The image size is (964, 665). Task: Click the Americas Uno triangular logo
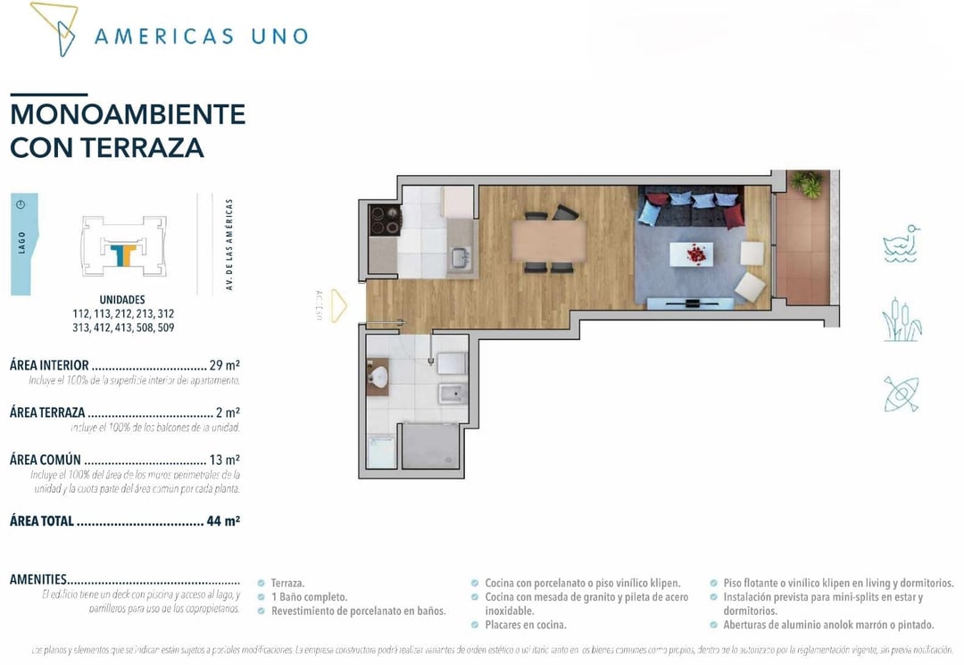pyautogui.click(x=54, y=27)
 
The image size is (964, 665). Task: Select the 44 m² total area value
pyautogui.click(x=223, y=520)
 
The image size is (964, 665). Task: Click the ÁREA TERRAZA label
pyautogui.click(x=47, y=412)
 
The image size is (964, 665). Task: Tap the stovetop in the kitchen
pyautogui.click(x=385, y=220)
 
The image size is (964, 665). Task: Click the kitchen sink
pyautogui.click(x=461, y=258)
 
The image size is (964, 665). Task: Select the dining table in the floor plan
pyautogui.click(x=548, y=240)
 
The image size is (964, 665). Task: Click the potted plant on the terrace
pyautogui.click(x=808, y=184)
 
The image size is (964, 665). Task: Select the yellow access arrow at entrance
pyautogui.click(x=338, y=303)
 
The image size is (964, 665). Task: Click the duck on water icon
pyautogui.click(x=901, y=244)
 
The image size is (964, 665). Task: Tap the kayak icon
pyautogui.click(x=901, y=394)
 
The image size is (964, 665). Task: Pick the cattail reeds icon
pyautogui.click(x=901, y=319)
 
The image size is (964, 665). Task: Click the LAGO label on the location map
pyautogui.click(x=22, y=243)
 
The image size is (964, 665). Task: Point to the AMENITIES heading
pyautogui.click(x=37, y=579)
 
